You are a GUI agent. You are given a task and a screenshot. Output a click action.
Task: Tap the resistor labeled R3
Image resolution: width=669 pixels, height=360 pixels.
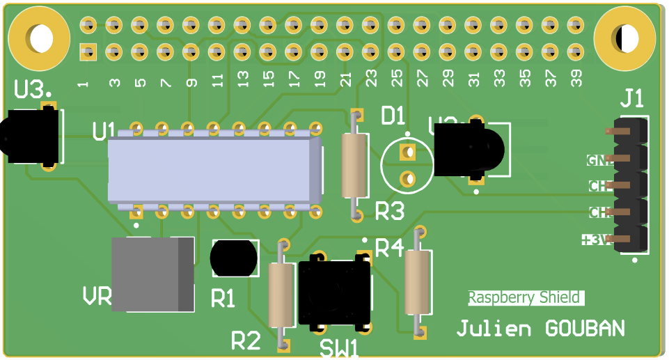(354, 166)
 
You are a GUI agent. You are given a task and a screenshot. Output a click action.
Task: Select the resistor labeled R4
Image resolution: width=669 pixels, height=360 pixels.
(418, 281)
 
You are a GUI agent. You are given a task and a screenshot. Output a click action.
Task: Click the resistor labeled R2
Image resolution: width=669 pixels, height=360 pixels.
(282, 295)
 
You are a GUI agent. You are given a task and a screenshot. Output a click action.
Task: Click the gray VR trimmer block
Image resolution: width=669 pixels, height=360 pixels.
(152, 274)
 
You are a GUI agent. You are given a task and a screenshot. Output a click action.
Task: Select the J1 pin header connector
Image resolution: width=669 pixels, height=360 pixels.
(629, 186)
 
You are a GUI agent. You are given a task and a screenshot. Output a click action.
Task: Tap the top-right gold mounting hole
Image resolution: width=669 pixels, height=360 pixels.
(625, 38)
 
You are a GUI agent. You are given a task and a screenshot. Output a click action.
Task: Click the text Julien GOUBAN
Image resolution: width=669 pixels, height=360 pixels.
(540, 329)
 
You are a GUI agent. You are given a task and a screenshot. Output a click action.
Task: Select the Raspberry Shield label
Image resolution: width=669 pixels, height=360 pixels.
(524, 298)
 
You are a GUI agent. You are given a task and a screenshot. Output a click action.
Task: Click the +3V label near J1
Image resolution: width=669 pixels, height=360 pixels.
(596, 240)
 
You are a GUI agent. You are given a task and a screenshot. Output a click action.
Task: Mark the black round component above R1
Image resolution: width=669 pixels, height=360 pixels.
(233, 258)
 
